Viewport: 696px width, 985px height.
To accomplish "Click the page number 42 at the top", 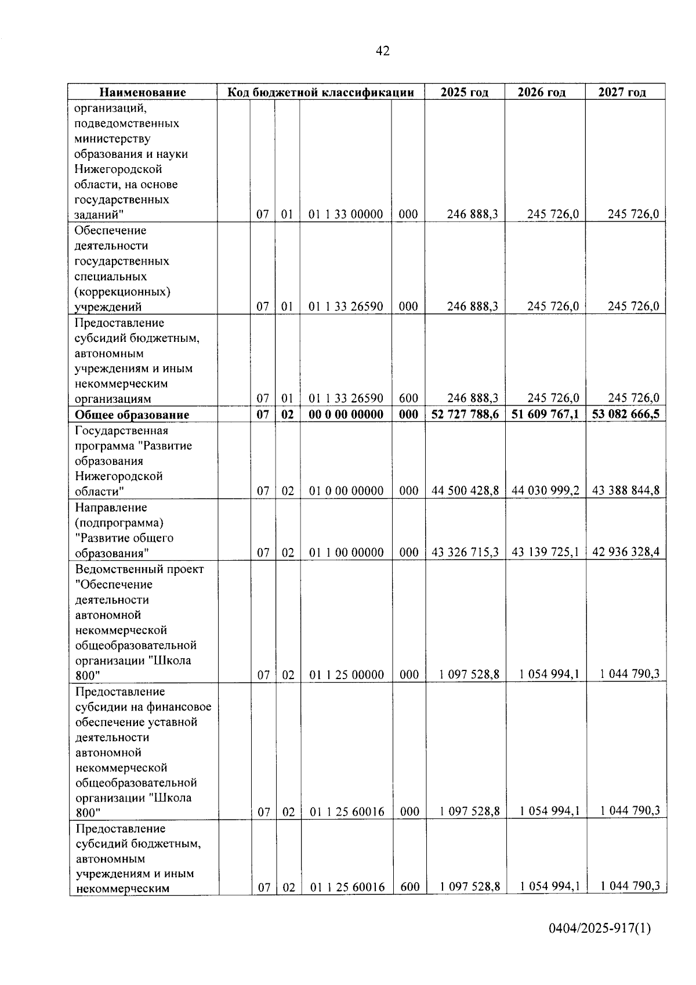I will [x=383, y=51].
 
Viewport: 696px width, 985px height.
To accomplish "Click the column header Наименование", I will [x=143, y=92].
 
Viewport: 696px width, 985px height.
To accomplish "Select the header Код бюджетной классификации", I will [x=320, y=92].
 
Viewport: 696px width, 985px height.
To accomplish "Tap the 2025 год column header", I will [x=464, y=92].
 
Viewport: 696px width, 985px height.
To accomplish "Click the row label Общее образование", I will [x=132, y=415].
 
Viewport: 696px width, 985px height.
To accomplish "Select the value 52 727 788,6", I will [x=465, y=414].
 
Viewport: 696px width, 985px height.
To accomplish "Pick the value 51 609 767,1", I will [x=545, y=414].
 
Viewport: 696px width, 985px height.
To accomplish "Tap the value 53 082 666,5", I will [x=625, y=414].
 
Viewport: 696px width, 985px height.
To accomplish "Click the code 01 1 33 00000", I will [x=346, y=214].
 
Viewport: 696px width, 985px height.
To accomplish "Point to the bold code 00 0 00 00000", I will [x=346, y=414].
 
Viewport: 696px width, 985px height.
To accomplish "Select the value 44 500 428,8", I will [x=465, y=491].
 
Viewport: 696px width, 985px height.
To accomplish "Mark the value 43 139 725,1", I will [x=545, y=552].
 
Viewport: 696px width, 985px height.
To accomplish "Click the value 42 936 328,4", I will [x=626, y=552].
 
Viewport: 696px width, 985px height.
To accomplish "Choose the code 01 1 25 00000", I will [x=347, y=674].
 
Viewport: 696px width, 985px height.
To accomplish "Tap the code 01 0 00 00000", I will [x=346, y=491].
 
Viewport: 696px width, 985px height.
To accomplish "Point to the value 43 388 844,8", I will [x=626, y=491].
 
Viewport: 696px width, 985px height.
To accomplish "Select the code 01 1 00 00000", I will [x=346, y=553].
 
